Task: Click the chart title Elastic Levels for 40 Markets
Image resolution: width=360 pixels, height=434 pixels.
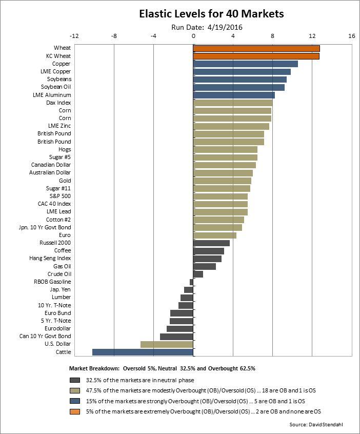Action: pos(211,14)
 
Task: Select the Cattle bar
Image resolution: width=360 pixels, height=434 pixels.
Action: pos(143,352)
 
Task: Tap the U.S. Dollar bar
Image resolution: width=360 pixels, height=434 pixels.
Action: pos(167,344)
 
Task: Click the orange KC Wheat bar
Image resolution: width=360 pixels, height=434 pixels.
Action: pos(256,56)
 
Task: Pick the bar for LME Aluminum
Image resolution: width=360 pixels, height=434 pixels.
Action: pos(234,95)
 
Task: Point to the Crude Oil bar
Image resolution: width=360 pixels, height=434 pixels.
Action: pos(198,274)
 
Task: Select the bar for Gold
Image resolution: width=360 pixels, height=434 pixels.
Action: pos(222,181)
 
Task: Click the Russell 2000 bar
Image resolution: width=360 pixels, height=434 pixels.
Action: pos(211,243)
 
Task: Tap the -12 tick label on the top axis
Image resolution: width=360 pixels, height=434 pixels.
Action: pos(74,36)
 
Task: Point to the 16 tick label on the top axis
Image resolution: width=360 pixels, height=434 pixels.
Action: pos(351,36)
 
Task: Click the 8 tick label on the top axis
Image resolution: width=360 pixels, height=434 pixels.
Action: pos(272,36)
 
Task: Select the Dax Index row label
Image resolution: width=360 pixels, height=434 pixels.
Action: pos(58,103)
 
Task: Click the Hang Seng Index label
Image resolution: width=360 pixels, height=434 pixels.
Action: pos(50,259)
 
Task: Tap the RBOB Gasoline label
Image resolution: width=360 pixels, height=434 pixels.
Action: pos(52,282)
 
